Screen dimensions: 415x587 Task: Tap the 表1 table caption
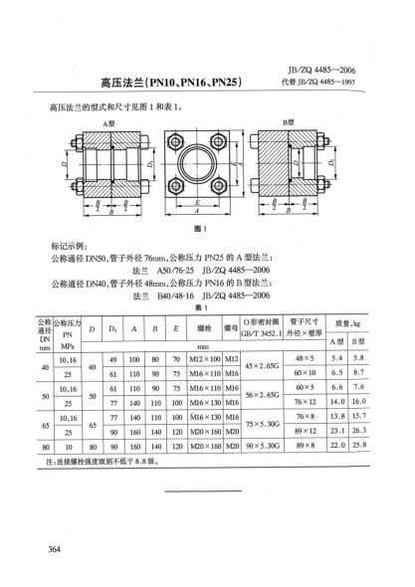tap(208, 307)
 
